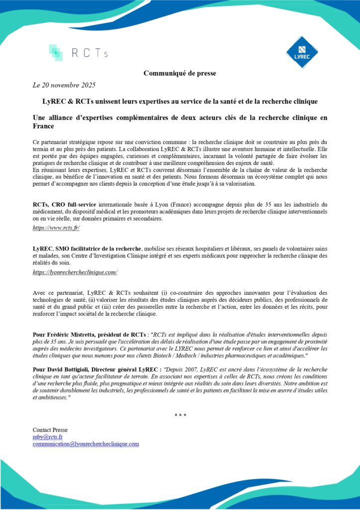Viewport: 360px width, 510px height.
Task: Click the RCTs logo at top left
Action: coord(78,53)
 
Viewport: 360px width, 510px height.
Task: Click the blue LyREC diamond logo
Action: coord(302,52)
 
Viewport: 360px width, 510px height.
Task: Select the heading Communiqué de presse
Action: coord(180,73)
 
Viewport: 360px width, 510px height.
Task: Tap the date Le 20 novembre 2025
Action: coord(64,85)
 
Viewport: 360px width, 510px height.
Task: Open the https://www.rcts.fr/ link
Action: coord(56,228)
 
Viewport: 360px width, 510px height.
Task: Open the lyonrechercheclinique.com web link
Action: coord(75,272)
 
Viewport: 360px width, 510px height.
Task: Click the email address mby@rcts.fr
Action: coord(44,437)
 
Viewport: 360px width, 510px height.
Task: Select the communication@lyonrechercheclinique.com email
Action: coord(86,444)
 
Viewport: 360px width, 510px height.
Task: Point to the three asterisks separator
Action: coord(180,415)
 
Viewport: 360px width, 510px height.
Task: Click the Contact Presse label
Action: coord(50,430)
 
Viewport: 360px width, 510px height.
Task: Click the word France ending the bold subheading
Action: coord(43,127)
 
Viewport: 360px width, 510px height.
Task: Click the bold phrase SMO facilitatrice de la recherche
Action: coord(99,249)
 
